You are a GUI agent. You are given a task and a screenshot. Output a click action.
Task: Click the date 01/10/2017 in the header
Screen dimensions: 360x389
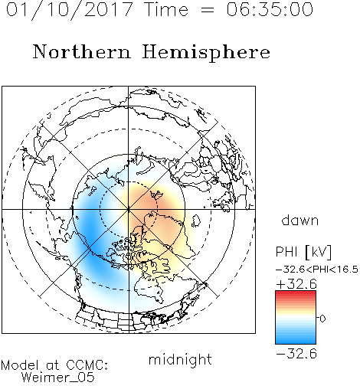70,10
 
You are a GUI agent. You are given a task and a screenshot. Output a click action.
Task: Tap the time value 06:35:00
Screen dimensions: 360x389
270,9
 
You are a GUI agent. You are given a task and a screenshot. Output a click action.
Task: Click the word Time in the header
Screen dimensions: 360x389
166,9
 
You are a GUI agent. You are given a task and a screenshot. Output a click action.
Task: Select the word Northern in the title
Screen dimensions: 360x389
81,51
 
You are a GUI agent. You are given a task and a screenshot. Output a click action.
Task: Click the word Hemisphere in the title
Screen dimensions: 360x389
206,53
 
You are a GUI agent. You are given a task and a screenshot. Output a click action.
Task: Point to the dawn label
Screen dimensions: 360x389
300,220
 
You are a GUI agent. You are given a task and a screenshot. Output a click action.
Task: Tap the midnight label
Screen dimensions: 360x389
180,359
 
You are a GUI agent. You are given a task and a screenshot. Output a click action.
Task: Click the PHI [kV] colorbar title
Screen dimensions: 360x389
303,252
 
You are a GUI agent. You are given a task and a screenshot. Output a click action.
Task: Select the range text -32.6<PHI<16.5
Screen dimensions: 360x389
317,270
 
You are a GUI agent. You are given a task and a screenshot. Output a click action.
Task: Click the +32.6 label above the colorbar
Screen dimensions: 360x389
296,284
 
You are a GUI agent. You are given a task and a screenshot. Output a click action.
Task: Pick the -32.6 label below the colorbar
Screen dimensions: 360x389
296,354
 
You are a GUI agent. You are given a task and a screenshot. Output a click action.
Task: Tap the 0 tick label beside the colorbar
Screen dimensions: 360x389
322,319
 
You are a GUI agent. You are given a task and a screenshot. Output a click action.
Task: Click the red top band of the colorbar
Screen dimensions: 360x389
296,294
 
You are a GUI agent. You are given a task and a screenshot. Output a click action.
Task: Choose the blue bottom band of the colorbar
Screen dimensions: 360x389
296,340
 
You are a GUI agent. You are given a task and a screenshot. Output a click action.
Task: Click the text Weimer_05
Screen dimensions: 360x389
58,378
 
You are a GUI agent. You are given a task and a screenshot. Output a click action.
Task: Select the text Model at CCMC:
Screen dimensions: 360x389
54,365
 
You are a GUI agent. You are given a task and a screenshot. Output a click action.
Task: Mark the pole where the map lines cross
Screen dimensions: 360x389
129,209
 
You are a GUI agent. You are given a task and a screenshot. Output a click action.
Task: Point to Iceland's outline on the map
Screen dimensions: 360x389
196,221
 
